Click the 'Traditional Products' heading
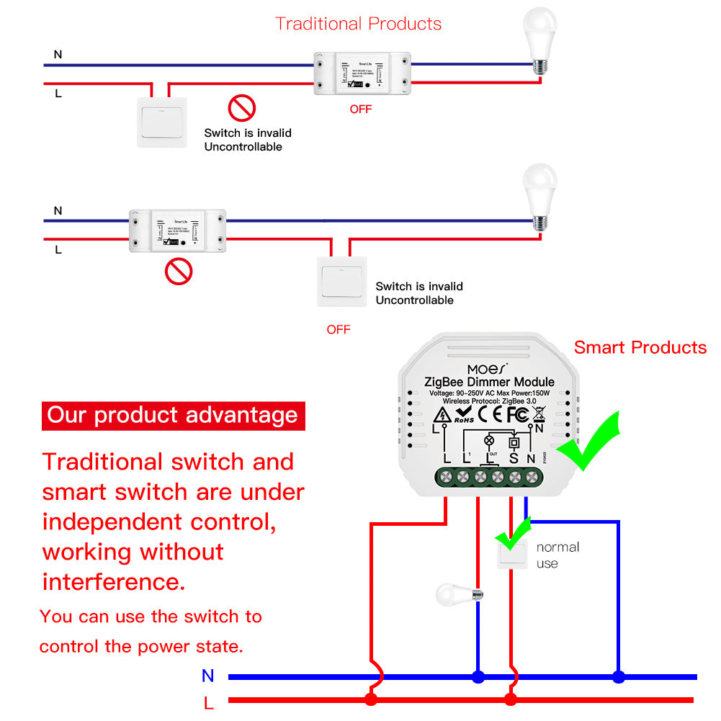(358, 24)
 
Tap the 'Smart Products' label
(640, 348)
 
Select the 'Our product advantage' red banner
(173, 416)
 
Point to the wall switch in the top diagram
(162, 122)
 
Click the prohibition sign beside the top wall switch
(242, 109)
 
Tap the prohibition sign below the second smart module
(179, 272)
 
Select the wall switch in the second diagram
(342, 282)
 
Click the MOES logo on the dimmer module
(487, 369)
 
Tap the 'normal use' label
(557, 555)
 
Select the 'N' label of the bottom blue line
(208, 676)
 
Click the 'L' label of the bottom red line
(208, 702)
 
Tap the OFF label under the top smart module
(361, 109)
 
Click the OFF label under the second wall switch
(338, 330)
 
